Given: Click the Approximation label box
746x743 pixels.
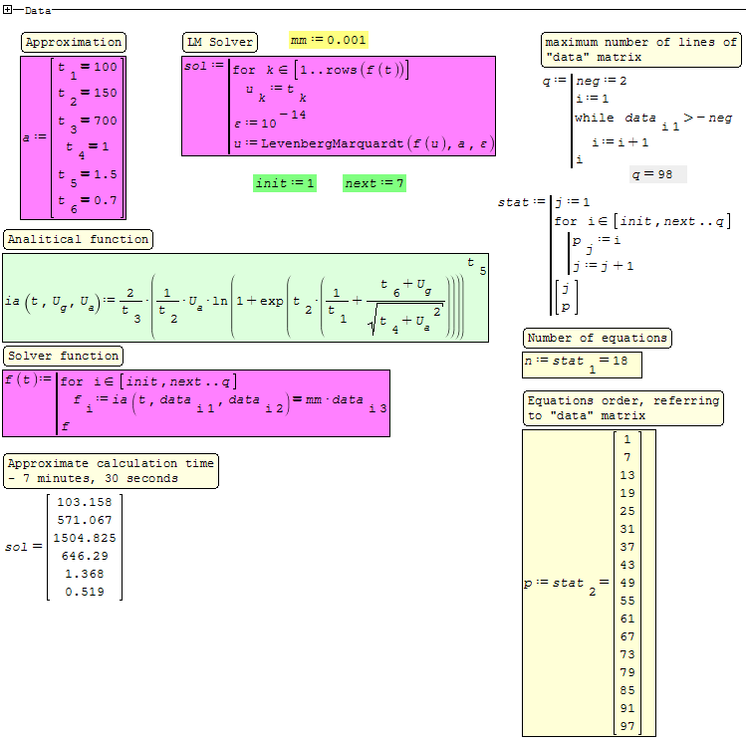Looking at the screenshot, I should pos(74,42).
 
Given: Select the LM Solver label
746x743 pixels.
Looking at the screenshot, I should pos(220,42).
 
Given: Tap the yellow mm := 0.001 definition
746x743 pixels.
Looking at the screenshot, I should pos(329,40).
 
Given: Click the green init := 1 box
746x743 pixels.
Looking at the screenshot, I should pos(285,183).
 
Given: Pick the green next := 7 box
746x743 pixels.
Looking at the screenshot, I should pos(374,183).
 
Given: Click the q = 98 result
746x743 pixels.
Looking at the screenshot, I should pos(658,174).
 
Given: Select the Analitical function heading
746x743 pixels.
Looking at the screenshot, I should pos(78,239).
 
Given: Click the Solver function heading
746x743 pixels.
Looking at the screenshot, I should pos(64,356).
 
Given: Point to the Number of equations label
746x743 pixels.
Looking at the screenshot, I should pos(597,338).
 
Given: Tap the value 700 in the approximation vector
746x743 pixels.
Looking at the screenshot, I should pos(105,121).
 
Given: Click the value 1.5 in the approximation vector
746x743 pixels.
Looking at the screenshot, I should pos(105,174).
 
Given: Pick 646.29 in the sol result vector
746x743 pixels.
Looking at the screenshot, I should pos(85,556).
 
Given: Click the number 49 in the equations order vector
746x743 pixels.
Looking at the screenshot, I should pos(626,583).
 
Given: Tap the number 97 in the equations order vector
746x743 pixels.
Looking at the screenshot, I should pos(626,726).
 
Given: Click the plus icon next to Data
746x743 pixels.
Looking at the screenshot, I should pos(7,10).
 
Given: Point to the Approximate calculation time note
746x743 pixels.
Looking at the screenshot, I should pos(110,470).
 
